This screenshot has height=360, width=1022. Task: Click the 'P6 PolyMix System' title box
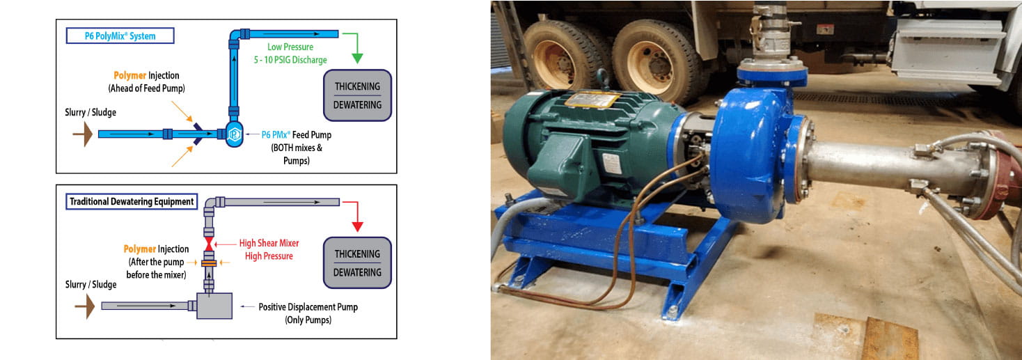(x=120, y=35)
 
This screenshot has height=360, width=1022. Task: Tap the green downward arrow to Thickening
(x=359, y=49)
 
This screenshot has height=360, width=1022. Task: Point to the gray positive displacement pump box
(x=214, y=306)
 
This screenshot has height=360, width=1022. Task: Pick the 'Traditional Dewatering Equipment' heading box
(x=132, y=202)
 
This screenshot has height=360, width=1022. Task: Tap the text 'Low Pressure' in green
(x=290, y=47)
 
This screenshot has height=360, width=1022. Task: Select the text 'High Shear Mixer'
(x=269, y=243)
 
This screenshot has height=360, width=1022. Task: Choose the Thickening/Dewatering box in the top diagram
(x=358, y=95)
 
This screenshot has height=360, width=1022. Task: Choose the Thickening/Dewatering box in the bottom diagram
(x=357, y=263)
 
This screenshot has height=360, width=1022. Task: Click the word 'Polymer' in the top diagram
(x=129, y=75)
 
